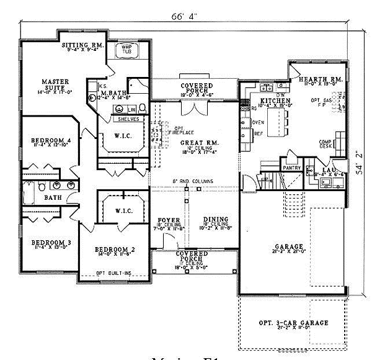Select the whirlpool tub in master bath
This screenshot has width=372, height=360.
[x=128, y=50]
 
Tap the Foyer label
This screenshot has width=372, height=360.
[x=169, y=220]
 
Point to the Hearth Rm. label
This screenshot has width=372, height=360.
[x=320, y=80]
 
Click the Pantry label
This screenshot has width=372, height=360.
[x=291, y=168]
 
